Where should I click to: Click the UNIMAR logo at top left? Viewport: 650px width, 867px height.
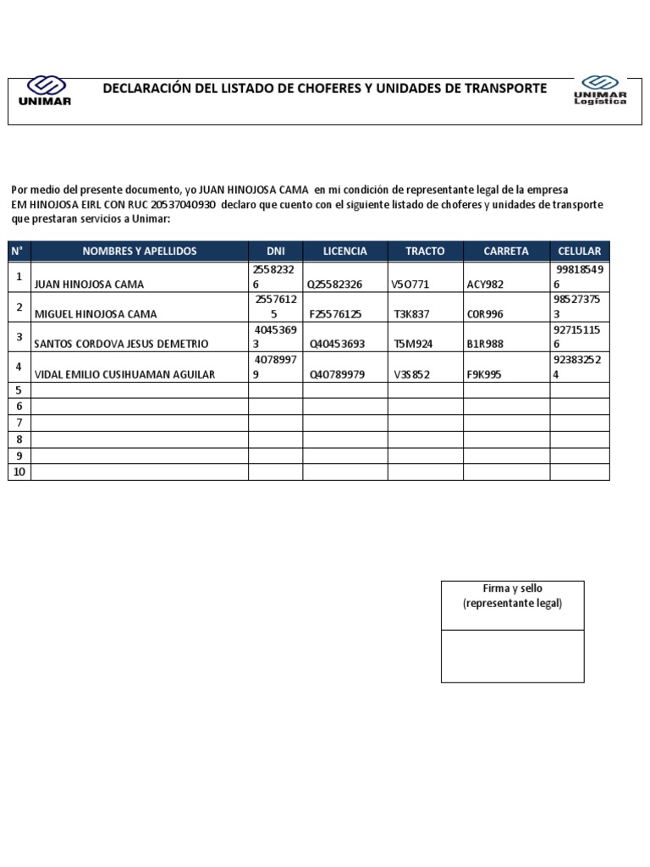(45, 91)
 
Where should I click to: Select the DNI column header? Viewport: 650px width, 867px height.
(276, 251)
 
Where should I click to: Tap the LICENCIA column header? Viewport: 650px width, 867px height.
(345, 251)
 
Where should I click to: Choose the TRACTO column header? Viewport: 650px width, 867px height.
(425, 251)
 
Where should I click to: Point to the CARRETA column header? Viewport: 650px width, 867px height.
(506, 251)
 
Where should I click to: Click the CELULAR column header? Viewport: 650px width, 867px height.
(580, 251)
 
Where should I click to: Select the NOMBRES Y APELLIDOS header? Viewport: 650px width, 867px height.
(140, 251)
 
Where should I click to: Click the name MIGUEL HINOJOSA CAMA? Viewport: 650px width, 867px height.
(95, 314)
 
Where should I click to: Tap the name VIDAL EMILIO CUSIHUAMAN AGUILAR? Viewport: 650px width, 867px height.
(124, 374)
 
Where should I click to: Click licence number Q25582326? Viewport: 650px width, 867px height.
(335, 284)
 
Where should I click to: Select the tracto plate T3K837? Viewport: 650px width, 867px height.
(412, 314)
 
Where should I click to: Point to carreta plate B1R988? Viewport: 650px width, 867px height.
(486, 344)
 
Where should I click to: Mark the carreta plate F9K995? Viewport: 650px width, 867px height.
(485, 374)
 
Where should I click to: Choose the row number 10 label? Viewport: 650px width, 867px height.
(19, 472)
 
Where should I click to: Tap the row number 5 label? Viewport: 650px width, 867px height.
(19, 390)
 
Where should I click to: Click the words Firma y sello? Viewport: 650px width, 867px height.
(512, 588)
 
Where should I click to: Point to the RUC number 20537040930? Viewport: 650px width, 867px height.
(185, 205)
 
